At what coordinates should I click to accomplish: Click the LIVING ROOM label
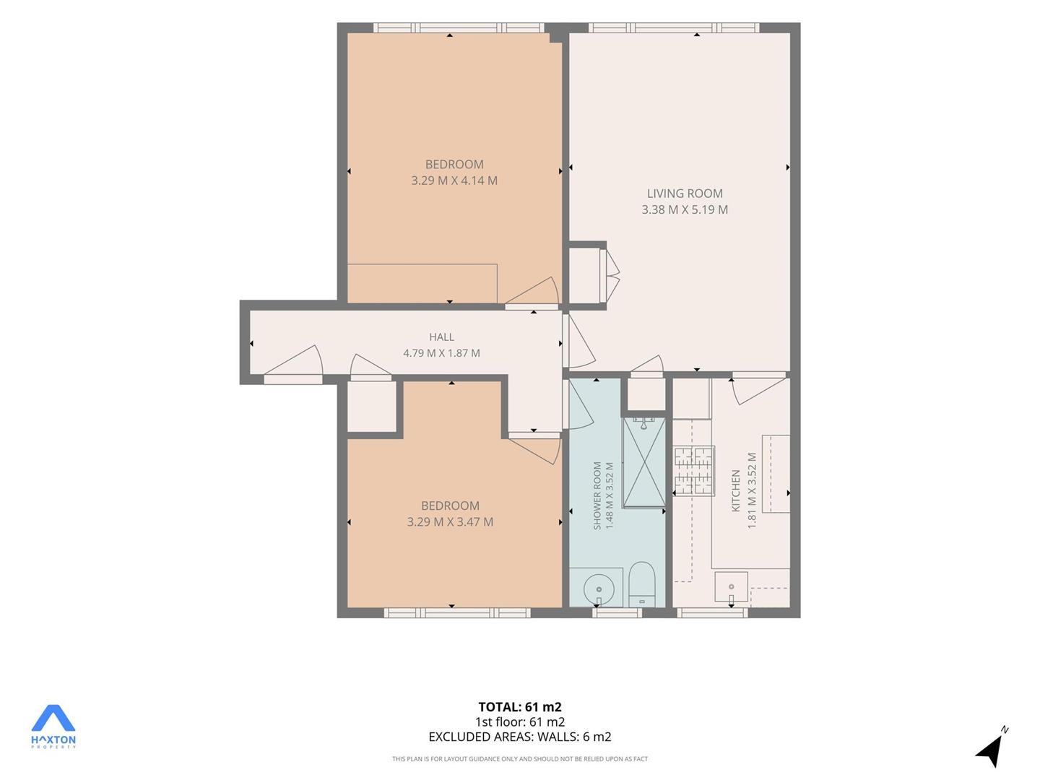(685, 194)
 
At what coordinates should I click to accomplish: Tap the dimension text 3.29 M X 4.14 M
(454, 181)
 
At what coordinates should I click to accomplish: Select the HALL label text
(441, 337)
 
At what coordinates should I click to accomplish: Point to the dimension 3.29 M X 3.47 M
(450, 522)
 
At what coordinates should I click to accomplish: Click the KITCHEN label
(735, 490)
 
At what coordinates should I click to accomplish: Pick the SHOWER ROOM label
(597, 495)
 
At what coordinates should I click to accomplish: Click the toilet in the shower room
(641, 584)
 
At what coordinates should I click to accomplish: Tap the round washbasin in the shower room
(599, 590)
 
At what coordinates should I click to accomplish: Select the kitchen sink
(731, 588)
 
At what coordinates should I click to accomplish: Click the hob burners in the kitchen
(693, 471)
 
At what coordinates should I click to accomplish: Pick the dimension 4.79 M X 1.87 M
(441, 353)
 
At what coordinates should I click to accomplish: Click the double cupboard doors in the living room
(610, 276)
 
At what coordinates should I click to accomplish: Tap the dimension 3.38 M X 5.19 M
(685, 209)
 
